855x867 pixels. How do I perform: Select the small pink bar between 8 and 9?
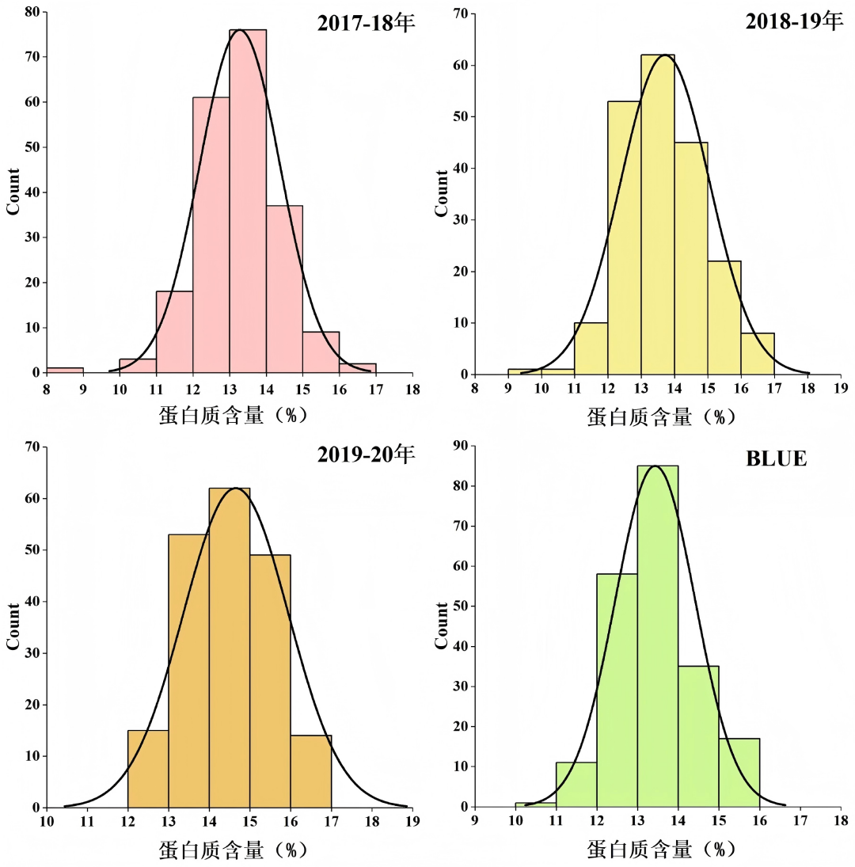click(65, 369)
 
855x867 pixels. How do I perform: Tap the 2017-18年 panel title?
click(366, 24)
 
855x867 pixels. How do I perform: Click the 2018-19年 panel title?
click(794, 21)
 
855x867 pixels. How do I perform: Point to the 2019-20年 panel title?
click(366, 455)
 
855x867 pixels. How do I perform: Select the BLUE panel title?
click(777, 458)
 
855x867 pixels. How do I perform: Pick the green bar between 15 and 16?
click(739, 772)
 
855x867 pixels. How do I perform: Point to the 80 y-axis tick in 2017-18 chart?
click(32, 12)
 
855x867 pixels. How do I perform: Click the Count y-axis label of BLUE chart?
click(441, 626)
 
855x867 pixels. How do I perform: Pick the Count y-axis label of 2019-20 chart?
click(13, 626)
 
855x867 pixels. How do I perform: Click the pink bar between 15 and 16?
click(321, 352)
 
